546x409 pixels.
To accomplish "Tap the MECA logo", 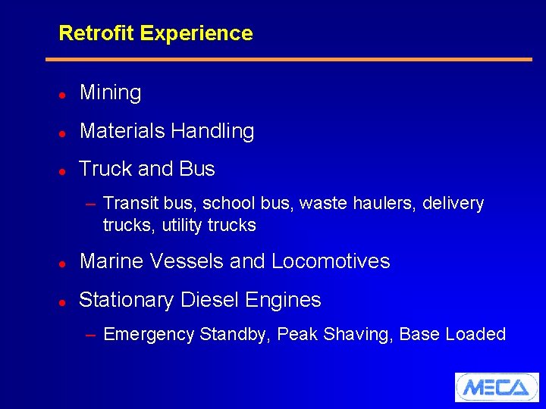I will coord(496,387).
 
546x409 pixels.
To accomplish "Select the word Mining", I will coord(111,93).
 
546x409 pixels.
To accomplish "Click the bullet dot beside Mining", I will coord(62,95).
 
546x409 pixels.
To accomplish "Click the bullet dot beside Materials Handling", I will coord(62,133).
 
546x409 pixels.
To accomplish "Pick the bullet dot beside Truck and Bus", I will coord(62,170).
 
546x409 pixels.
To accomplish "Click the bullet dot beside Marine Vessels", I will coord(62,264).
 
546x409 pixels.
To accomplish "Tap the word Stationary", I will coord(126,301).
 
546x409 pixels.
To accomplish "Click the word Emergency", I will coord(149,335).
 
